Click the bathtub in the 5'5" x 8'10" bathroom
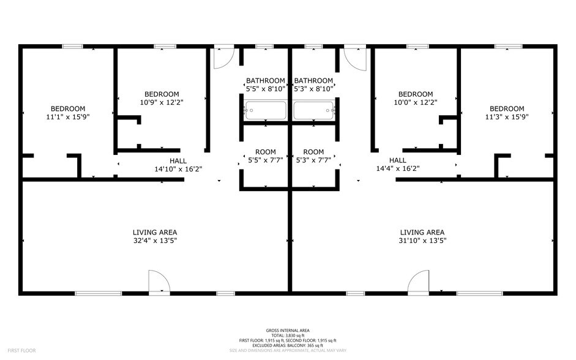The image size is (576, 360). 266,111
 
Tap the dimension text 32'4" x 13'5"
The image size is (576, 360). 155,241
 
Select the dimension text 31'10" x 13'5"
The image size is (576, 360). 422,241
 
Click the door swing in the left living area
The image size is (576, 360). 159,282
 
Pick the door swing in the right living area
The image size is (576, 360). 420,282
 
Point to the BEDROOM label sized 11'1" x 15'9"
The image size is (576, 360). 67,108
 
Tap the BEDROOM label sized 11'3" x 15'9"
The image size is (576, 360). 506,108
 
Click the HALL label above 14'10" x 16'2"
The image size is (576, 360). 178,160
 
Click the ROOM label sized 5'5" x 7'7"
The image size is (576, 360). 265,152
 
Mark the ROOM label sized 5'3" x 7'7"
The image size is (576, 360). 313,152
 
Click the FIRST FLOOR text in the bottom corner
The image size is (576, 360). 21,350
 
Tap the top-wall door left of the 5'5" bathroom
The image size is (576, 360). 223,56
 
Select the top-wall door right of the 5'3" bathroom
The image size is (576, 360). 354,56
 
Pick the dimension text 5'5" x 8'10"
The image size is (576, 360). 265,89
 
